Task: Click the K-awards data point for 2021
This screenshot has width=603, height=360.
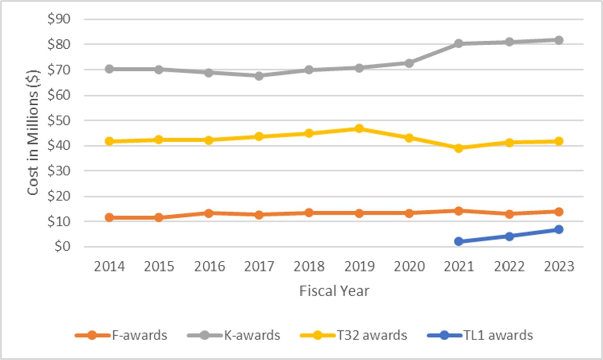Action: [458, 44]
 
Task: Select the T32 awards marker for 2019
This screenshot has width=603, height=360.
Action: [359, 129]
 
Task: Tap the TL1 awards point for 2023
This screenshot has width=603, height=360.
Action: [558, 230]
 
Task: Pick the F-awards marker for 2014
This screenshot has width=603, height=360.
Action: [109, 218]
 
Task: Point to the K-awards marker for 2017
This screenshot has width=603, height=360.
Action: [259, 76]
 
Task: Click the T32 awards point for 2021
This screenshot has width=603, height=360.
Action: [458, 148]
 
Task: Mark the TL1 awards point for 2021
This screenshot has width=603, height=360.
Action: [458, 241]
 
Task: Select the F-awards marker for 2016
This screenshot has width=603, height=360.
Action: [209, 213]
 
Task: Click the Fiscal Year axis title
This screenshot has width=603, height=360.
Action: [334, 291]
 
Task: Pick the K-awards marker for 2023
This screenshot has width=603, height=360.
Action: [558, 40]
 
